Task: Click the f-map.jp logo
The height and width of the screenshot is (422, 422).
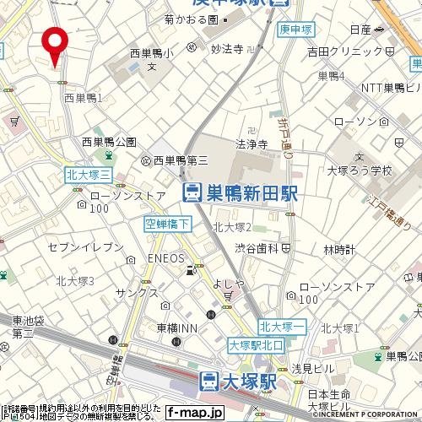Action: [x=194, y=413]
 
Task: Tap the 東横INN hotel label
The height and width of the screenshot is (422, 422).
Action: [x=176, y=327]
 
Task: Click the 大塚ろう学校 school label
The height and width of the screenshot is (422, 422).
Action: [x=360, y=170]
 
